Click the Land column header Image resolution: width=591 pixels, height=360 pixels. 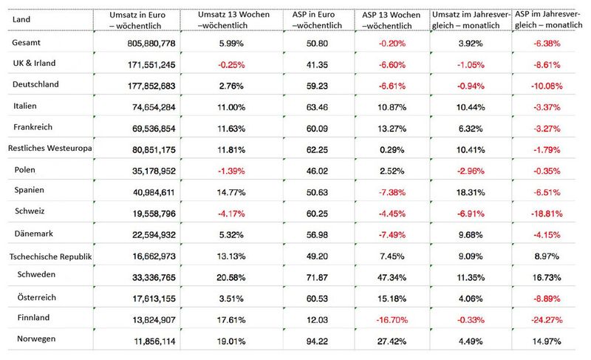coord(21,19)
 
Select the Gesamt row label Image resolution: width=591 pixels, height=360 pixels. coord(26,43)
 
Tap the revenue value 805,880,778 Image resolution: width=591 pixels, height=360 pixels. coord(151,44)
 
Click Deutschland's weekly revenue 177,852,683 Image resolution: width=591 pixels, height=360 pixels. coord(151,86)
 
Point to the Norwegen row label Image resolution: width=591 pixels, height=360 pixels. coord(36,339)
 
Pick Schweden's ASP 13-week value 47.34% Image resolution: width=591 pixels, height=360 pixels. coord(392,278)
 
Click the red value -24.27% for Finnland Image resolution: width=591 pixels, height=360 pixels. coord(547,320)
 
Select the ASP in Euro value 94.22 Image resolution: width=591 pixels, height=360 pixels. coord(317,342)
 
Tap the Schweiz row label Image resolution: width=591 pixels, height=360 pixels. coord(30,211)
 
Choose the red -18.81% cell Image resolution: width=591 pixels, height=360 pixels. coord(547,214)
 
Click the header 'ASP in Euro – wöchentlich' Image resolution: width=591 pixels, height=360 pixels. coord(317,20)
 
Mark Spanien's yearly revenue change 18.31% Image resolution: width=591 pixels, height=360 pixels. coord(471,193)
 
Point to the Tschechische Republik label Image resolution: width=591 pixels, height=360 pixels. coord(50,257)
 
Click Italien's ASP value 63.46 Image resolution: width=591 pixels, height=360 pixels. coord(317,107)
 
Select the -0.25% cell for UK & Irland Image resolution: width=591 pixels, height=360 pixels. coord(231,65)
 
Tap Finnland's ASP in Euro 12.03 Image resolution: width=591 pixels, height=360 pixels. coord(317,320)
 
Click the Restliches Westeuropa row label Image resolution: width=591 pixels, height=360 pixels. coord(49,148)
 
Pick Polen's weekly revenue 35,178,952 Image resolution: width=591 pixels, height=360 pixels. coord(154,171)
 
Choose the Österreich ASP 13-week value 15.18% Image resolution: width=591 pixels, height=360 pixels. coord(392,299)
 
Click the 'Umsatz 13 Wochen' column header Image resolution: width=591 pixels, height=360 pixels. coord(233,20)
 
